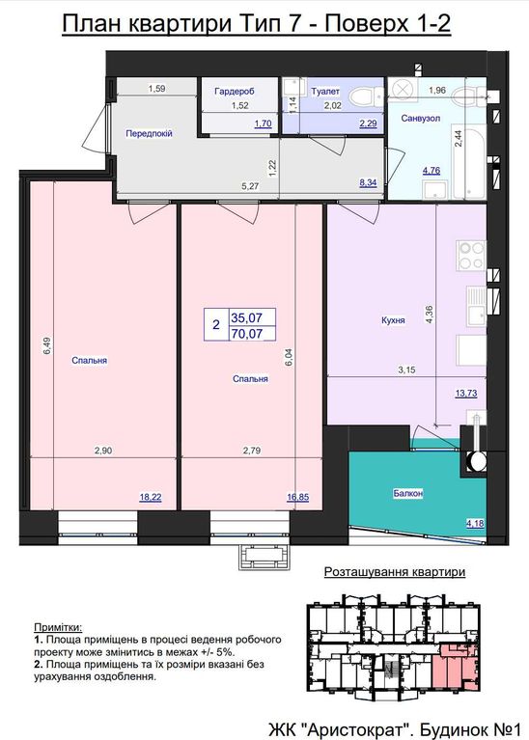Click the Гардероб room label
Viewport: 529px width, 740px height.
pyautogui.click(x=235, y=91)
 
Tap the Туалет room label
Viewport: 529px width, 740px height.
pyautogui.click(x=325, y=91)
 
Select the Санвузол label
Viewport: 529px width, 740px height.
pyautogui.click(x=420, y=118)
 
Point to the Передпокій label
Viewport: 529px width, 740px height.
pyautogui.click(x=149, y=133)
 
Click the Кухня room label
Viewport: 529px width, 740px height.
pyautogui.click(x=393, y=320)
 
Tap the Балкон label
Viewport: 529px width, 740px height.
pyautogui.click(x=407, y=494)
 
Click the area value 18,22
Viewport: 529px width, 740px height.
pyautogui.click(x=151, y=497)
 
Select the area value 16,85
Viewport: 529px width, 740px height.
pyautogui.click(x=298, y=497)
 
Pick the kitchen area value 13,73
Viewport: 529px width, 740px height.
pyautogui.click(x=466, y=393)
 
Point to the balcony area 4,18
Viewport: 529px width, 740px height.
pyautogui.click(x=475, y=523)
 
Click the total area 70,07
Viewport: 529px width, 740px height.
pyautogui.click(x=246, y=334)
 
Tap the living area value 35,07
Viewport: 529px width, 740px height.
pyautogui.click(x=246, y=317)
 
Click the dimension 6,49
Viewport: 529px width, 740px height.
pyautogui.click(x=47, y=345)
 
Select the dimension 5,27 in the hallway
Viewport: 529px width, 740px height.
pyautogui.click(x=250, y=186)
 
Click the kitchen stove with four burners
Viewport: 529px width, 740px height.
pyautogui.click(x=470, y=256)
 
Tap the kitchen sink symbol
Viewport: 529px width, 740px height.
pyautogui.click(x=476, y=306)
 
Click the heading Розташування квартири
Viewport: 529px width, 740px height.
pyautogui.click(x=395, y=572)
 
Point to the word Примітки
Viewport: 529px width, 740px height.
pyautogui.click(x=58, y=628)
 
